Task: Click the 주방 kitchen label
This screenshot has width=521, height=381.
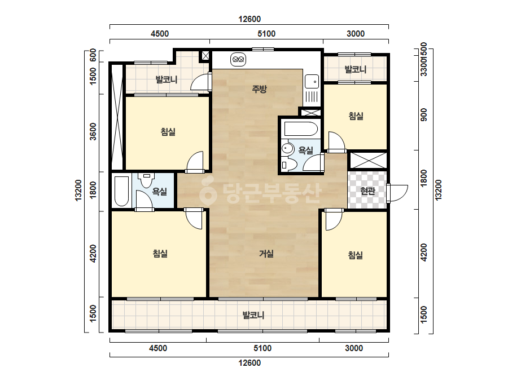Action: [259, 88]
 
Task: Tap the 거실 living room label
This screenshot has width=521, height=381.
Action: [266, 254]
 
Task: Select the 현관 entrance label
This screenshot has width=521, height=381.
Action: [367, 191]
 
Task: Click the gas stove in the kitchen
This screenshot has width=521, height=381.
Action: [238, 60]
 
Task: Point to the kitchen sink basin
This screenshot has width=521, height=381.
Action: [312, 82]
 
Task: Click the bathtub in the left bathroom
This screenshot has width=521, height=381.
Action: [121, 191]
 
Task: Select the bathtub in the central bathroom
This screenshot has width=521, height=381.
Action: [301, 129]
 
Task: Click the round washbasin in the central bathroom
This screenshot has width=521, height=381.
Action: [287, 148]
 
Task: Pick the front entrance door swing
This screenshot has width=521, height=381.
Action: [398, 193]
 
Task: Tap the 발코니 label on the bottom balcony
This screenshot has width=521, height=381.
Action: [253, 315]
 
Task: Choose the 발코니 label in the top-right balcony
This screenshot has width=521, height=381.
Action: [356, 69]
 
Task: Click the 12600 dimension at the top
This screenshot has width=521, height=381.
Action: [249, 19]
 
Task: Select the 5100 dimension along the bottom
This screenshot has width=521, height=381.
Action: [262, 348]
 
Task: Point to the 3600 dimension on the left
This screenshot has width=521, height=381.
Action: [93, 131]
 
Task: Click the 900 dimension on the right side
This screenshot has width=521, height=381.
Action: [424, 114]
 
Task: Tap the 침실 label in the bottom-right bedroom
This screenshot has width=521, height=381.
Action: [355, 255]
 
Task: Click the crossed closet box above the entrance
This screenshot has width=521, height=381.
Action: [369, 160]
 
